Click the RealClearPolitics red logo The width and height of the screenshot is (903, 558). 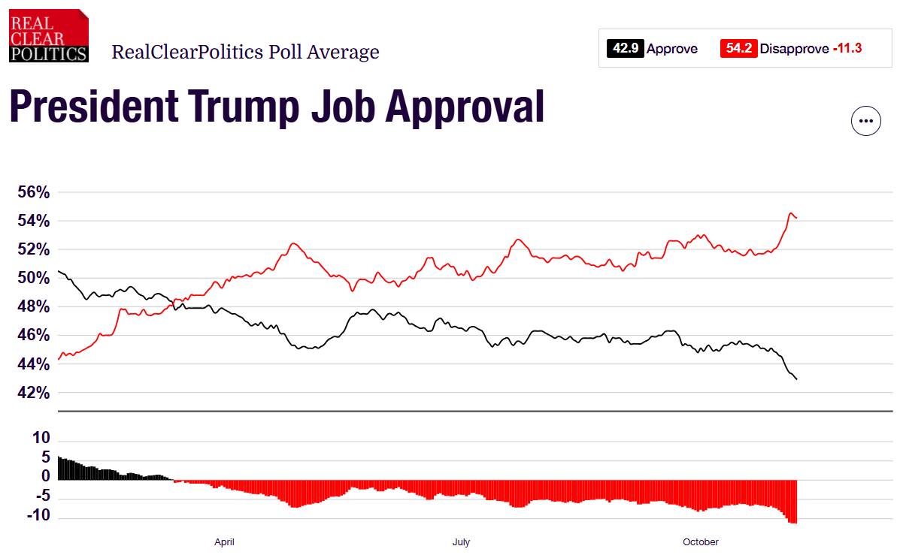tap(49, 35)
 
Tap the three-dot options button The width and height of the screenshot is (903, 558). tap(865, 120)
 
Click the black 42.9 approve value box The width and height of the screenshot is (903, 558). tap(625, 49)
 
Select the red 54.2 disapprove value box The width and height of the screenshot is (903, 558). tap(738, 49)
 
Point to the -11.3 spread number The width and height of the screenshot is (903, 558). tap(847, 49)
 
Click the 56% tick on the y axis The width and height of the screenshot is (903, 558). tap(34, 192)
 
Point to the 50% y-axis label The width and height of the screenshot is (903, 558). tap(34, 278)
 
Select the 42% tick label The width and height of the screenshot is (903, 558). tap(34, 393)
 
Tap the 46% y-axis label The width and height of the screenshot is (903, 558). tap(34, 336)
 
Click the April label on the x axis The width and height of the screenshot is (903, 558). tap(224, 541)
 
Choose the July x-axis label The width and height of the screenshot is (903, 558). tap(461, 541)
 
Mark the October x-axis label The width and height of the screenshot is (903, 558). tap(700, 541)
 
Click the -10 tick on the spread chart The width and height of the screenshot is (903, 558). tap(39, 516)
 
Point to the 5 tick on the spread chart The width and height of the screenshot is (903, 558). tap(45, 457)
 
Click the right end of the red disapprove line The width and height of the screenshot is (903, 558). tap(796, 218)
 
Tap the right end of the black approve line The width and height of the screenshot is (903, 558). tap(796, 379)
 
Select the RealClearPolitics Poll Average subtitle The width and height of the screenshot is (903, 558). tap(245, 52)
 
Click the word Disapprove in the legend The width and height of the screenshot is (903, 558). tap(793, 49)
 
